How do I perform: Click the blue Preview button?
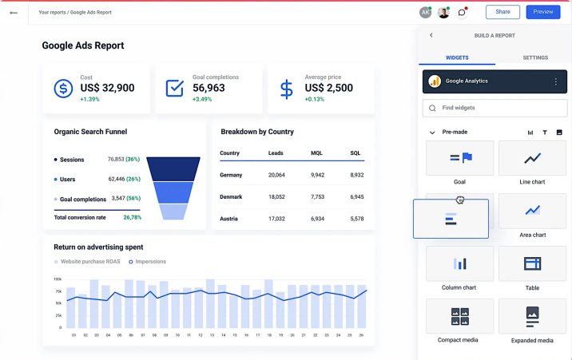(x=543, y=12)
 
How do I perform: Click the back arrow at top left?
(x=14, y=13)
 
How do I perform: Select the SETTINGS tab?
(x=534, y=57)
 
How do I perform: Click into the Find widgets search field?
(x=495, y=108)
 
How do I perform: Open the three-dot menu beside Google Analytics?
(x=556, y=81)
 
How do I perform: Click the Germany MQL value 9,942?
(x=317, y=175)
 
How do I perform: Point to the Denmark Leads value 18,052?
(x=276, y=196)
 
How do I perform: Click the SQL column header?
(x=356, y=152)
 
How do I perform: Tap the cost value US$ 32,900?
(x=107, y=88)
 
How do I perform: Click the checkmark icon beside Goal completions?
(x=174, y=88)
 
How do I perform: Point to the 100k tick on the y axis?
(x=58, y=279)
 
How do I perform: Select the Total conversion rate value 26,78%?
(x=132, y=217)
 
